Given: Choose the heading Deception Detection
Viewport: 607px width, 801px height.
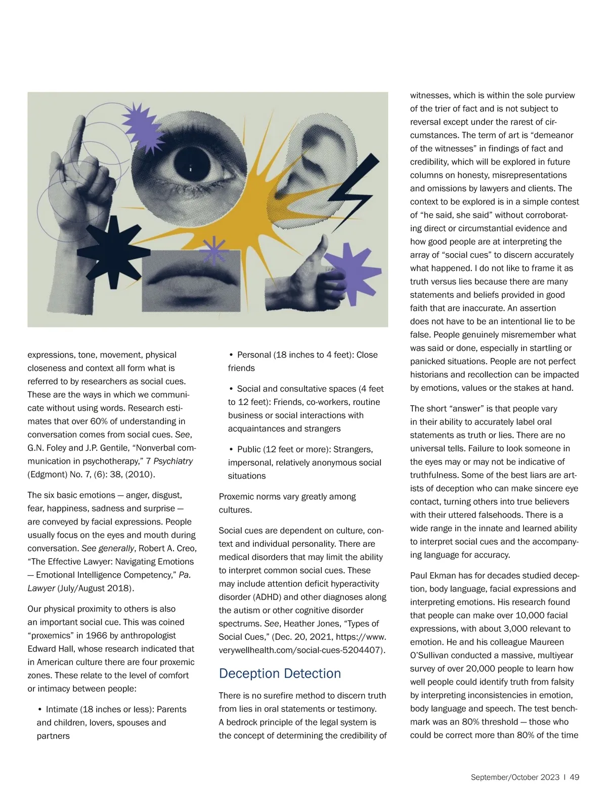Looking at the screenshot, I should pos(280,673).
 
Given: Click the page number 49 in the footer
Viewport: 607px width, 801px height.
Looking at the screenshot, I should pos(574,777).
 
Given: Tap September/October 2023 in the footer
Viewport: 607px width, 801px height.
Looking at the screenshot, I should pos(515,777).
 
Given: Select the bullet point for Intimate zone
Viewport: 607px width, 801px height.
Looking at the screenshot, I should pos(40,709).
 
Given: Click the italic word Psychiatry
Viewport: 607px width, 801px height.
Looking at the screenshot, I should pos(173,461).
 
